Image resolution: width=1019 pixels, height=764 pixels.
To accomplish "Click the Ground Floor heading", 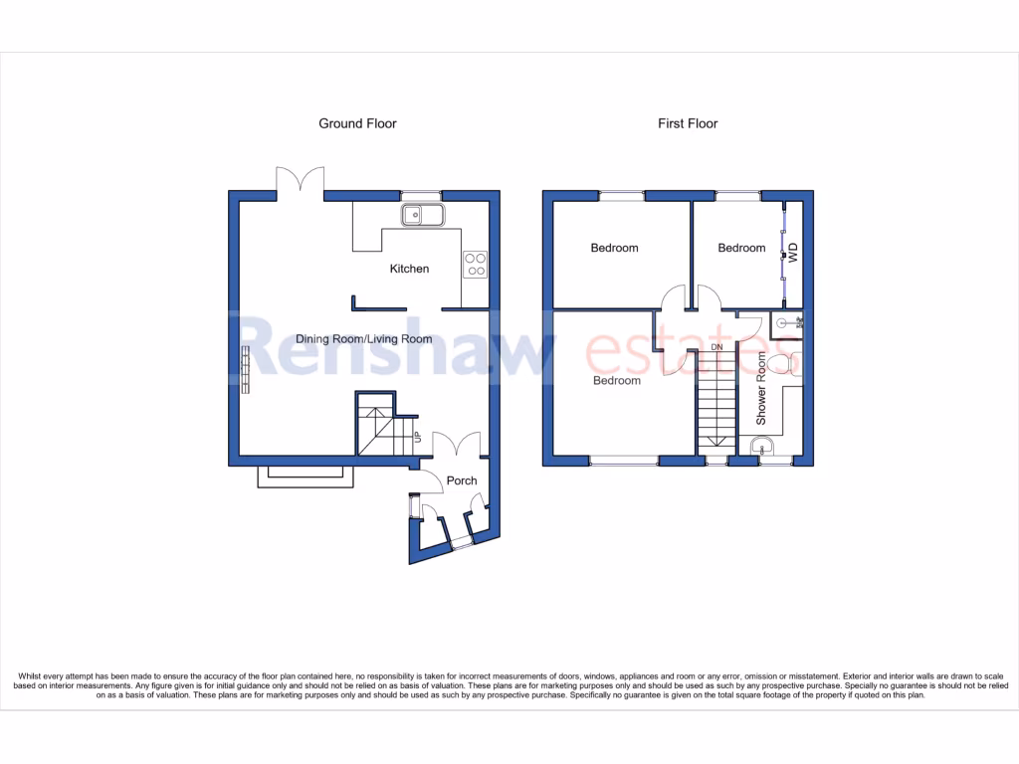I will [357, 123].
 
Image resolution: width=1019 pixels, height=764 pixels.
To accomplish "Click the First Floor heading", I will [687, 123].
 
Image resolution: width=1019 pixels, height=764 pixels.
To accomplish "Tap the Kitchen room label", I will [409, 269].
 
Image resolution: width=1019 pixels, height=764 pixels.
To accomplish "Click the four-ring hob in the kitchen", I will [476, 264].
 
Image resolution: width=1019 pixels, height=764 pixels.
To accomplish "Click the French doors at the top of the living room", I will [301, 182].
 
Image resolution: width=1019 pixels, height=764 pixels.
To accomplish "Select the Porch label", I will [462, 480].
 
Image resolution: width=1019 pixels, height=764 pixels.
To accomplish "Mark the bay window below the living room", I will [306, 477].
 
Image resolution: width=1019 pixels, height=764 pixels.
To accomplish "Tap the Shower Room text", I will [762, 389].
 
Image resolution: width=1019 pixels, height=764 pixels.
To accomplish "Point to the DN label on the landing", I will [716, 347].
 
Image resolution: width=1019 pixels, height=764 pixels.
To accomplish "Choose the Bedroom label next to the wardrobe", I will [741, 248].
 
